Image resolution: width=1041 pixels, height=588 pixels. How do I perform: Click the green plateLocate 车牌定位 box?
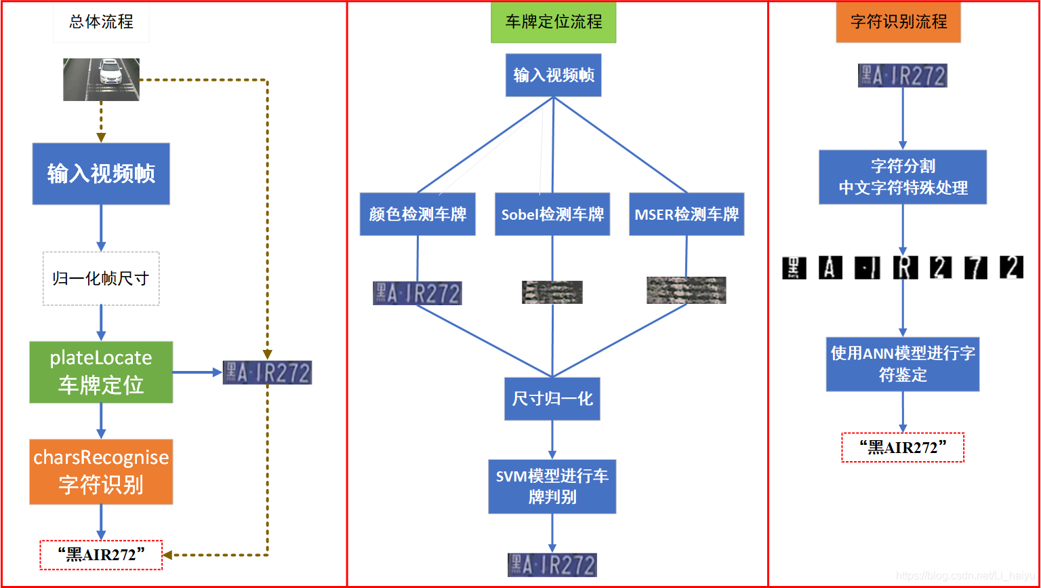click(x=101, y=372)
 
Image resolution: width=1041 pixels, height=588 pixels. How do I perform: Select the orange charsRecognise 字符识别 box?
click(x=101, y=471)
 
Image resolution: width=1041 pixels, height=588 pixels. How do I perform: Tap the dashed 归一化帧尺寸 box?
click(x=101, y=278)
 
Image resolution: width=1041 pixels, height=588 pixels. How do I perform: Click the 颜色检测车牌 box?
click(x=417, y=214)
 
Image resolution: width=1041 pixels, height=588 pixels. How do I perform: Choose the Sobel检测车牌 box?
click(x=552, y=214)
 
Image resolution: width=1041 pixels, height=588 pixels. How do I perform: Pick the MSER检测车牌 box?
click(x=687, y=214)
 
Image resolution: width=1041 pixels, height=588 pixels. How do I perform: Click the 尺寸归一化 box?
click(x=552, y=398)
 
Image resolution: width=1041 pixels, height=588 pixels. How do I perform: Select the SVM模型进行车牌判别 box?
click(x=552, y=486)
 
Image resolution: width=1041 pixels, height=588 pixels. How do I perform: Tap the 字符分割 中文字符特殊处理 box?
click(x=903, y=177)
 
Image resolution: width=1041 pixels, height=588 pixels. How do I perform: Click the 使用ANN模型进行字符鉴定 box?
click(x=903, y=364)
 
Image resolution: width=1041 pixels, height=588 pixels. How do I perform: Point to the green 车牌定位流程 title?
click(x=554, y=22)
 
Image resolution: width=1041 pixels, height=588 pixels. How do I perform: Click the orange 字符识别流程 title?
click(x=899, y=22)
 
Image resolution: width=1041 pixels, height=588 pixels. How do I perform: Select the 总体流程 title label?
click(x=101, y=22)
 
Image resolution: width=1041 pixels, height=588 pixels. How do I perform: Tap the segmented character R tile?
click(x=905, y=268)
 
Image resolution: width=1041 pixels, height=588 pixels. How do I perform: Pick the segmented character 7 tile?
click(x=975, y=268)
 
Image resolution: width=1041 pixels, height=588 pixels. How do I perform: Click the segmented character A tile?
click(x=830, y=268)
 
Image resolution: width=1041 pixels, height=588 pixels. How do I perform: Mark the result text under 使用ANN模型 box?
click(x=903, y=448)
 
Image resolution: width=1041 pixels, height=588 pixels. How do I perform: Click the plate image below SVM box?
click(x=552, y=565)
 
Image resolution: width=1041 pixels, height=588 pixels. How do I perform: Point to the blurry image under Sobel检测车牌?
click(x=552, y=292)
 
